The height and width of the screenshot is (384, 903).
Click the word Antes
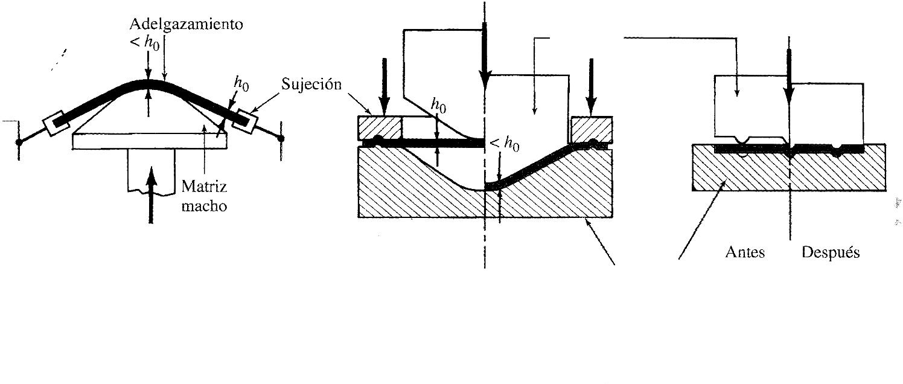[745, 252]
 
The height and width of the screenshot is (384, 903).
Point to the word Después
[830, 252]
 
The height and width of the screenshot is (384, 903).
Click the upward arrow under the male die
[151, 193]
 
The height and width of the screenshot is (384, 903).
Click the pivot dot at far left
[19, 142]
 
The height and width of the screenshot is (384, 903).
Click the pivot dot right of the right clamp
[281, 139]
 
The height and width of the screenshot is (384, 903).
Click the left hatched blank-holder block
[380, 127]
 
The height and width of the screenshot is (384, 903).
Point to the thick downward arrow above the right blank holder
[591, 85]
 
